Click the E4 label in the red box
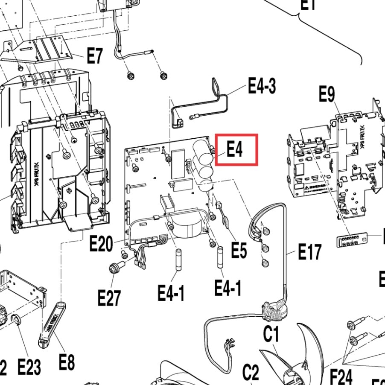(235, 149)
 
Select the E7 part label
(95, 56)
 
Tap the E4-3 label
(262, 86)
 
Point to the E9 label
(327, 94)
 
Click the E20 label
(101, 245)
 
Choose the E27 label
(109, 297)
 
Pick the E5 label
(239, 251)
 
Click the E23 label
(29, 367)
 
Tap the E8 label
(67, 362)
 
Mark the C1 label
(271, 334)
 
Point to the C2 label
(251, 373)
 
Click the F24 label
(341, 376)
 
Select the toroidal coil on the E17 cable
(275, 311)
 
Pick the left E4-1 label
(171, 293)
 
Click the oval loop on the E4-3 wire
(216, 86)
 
